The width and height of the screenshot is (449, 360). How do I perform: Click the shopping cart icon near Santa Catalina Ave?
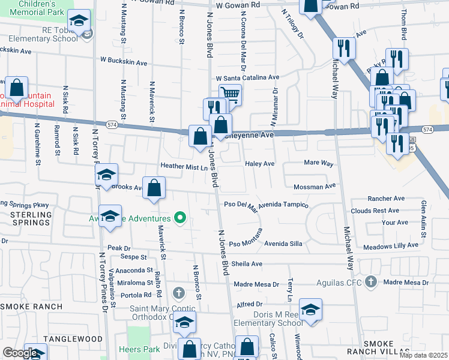231,94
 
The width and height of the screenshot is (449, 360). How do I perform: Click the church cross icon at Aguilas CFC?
371,281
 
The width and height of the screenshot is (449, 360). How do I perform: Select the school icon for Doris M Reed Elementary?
310,310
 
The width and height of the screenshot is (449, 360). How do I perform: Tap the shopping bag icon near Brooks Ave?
155,187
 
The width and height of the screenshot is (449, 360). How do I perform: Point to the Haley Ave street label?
259,164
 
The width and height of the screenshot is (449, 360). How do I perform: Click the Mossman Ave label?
315,187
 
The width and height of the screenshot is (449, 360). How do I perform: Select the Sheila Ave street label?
247,263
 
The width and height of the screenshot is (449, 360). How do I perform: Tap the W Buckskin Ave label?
124,61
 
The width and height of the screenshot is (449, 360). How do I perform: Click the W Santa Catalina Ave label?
247,78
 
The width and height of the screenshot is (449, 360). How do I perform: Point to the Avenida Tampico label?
283,204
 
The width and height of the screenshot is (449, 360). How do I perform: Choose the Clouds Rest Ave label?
375,211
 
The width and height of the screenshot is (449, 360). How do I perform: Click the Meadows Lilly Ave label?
391,245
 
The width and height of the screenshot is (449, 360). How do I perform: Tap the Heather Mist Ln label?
183,166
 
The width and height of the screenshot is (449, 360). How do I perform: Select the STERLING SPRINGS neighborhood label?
31,218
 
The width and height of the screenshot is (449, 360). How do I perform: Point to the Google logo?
20,353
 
